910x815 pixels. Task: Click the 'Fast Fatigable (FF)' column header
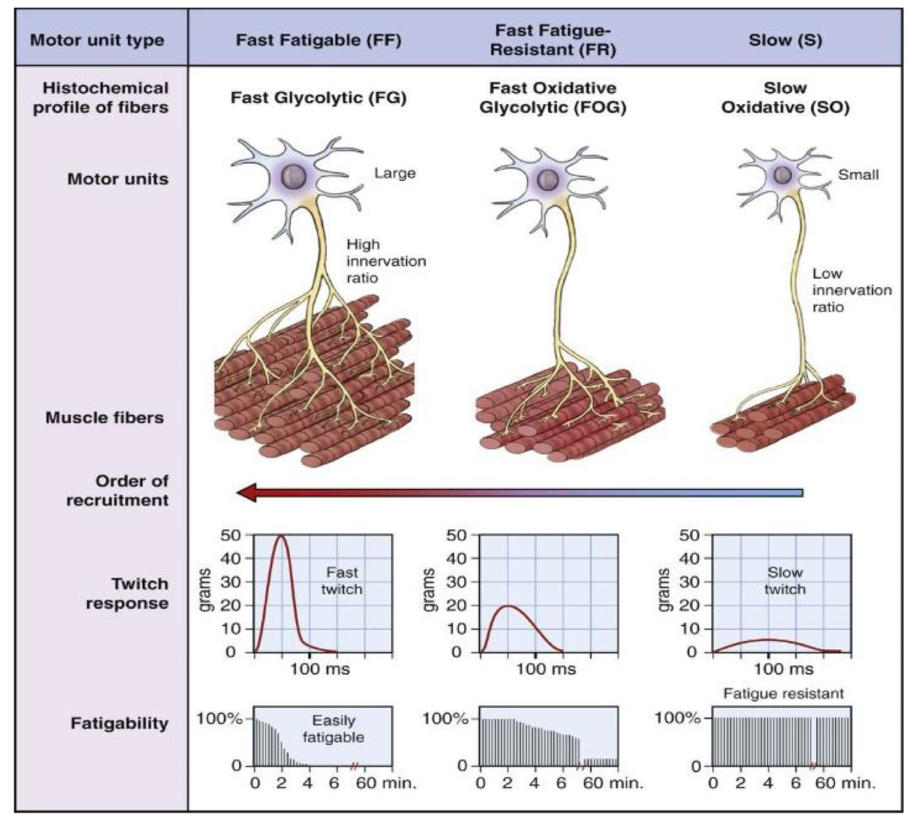[319, 40]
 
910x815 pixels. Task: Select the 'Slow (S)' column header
[785, 40]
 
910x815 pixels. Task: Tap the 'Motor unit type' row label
[97, 40]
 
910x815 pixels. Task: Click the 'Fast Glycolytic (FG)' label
[319, 97]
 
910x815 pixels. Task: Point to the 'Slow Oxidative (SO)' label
[785, 97]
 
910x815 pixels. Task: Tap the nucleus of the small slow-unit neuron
[782, 174]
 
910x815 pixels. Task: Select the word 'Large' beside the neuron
[395, 173]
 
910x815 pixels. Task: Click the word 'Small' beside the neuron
[858, 175]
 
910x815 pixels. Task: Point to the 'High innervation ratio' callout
[386, 261]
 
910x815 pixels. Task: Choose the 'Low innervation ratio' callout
[852, 290]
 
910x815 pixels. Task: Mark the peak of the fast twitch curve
[281, 535]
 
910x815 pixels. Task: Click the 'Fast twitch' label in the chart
[342, 581]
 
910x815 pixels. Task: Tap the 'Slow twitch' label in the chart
[785, 581]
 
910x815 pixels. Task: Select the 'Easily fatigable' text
[333, 729]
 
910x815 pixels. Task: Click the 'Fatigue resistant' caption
[783, 693]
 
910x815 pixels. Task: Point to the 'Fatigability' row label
[119, 723]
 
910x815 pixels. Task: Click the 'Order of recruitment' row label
[117, 490]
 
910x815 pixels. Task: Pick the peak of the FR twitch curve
[508, 606]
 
